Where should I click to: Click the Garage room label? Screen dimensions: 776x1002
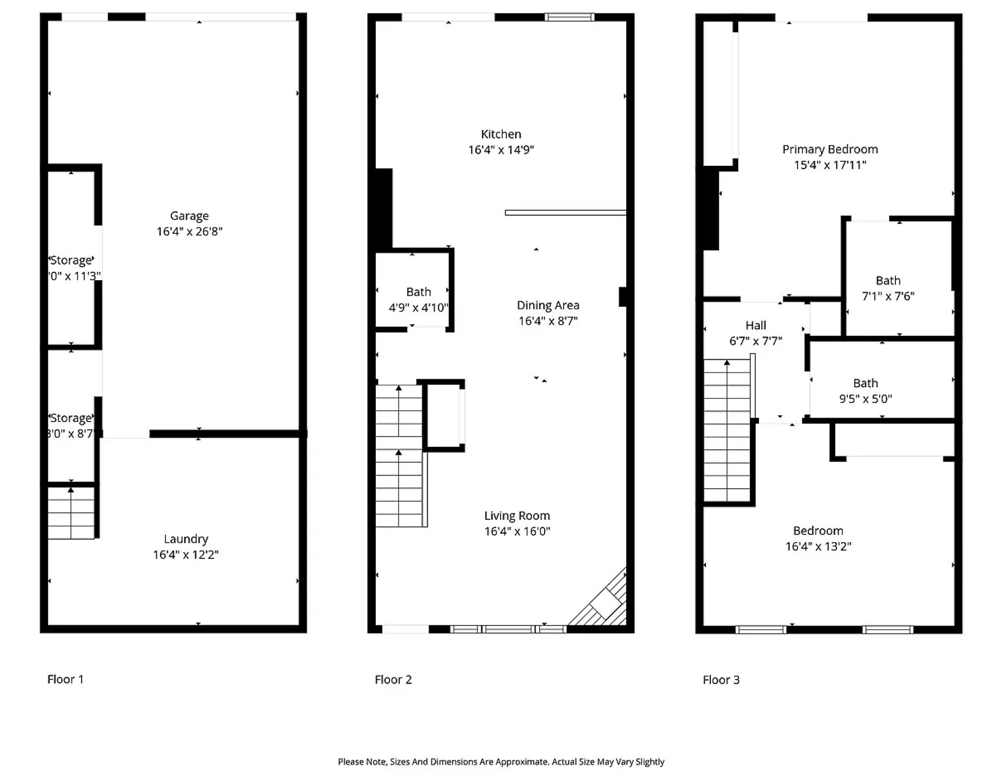pos(189,216)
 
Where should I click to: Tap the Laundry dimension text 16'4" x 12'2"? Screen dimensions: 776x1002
pos(185,554)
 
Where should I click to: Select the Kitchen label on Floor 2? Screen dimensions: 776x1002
pos(501,134)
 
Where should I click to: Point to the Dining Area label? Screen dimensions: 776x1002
pos(548,305)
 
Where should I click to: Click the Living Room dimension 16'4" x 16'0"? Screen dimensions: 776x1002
pos(517,531)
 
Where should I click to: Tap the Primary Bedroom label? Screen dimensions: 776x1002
pos(830,149)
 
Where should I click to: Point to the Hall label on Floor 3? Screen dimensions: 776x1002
pos(755,325)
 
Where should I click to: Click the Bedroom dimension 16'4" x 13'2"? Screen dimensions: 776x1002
pos(818,546)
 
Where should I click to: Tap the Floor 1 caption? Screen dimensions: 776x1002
pos(65,679)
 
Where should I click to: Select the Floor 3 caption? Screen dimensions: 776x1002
pos(721,680)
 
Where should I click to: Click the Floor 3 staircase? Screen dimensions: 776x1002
pos(727,430)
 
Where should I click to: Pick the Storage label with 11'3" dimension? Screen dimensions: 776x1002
pos(71,260)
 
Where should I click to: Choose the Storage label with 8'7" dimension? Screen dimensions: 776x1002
pos(71,418)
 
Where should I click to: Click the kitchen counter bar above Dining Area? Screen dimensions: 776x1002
pos(565,213)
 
